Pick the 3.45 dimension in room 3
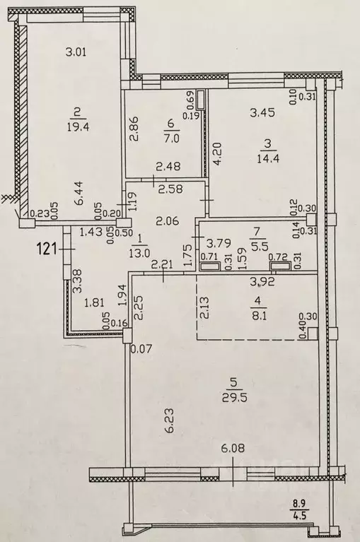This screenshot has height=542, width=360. point(261,111)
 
